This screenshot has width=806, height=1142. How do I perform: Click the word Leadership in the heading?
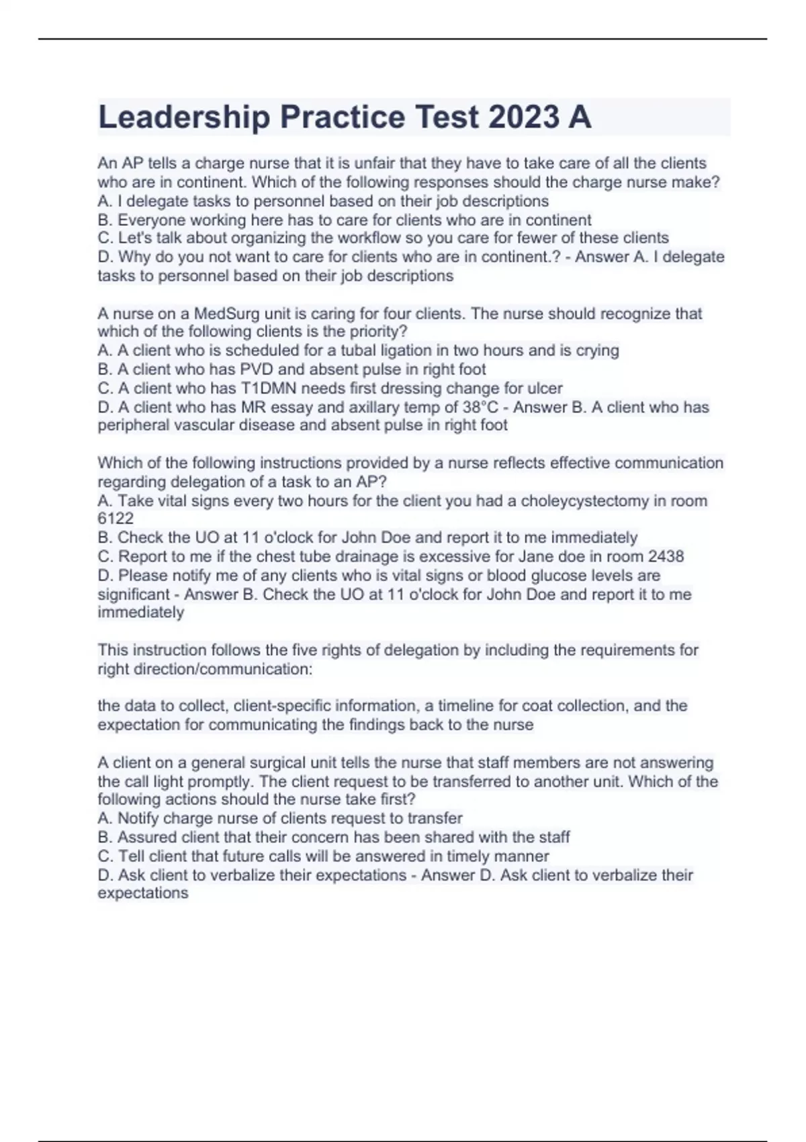click(184, 117)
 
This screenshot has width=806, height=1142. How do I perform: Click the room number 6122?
click(116, 519)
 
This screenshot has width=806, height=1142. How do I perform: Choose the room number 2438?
click(666, 556)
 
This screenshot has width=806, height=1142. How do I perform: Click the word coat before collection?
click(537, 705)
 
